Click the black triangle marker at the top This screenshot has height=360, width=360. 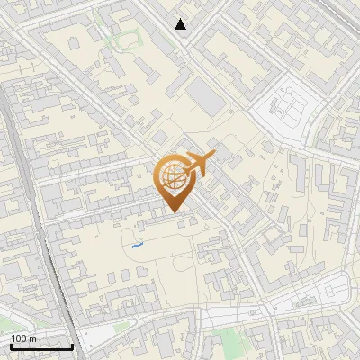[x=181, y=24]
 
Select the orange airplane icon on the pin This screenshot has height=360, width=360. [x=197, y=164]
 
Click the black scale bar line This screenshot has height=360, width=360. [x=41, y=346]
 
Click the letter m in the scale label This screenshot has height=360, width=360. [x=33, y=339]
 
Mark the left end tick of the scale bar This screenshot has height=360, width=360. [x=11, y=345]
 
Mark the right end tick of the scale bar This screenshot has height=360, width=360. [x=72, y=345]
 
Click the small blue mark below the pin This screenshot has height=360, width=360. [x=137, y=243]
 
